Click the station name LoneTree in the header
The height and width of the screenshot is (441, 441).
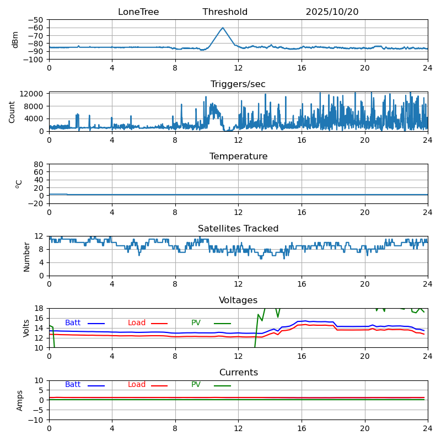138,12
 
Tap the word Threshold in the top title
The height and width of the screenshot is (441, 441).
225,12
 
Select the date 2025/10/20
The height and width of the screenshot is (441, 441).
332,12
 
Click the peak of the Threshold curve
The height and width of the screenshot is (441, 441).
223,28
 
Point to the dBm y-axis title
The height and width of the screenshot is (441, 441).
15,39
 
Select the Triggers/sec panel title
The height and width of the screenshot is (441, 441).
238,84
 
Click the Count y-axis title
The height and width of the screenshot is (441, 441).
12,111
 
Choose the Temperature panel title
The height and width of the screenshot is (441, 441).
238,157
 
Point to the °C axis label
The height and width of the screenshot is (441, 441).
19,184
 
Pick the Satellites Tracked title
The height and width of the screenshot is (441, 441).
238,229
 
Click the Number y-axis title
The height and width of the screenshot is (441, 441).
27,256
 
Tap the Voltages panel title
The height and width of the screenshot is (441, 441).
238,300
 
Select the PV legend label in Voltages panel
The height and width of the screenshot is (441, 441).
196,323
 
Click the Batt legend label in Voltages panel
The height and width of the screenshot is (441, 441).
73,323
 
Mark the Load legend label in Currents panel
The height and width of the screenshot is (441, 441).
137,385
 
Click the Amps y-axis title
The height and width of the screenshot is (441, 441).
20,400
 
